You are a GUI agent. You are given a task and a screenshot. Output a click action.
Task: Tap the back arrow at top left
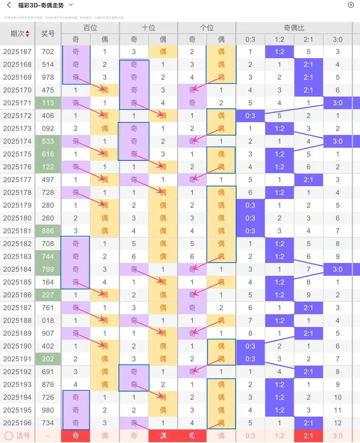(9, 5)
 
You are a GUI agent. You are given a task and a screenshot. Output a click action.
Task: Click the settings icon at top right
(351, 5)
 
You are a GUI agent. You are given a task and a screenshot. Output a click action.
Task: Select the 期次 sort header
(20, 34)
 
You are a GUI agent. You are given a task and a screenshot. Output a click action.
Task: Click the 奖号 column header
(48, 34)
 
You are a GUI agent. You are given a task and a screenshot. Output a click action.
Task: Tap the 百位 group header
(90, 28)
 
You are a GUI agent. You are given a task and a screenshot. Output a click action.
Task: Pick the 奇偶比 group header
(294, 28)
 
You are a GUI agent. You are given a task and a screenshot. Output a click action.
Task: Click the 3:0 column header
(337, 40)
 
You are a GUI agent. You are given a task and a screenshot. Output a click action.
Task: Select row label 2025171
(17, 103)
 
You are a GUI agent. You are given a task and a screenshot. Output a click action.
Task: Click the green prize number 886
(48, 231)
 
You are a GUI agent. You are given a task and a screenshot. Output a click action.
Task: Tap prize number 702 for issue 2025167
(48, 52)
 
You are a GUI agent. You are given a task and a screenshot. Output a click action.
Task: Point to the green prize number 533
(48, 141)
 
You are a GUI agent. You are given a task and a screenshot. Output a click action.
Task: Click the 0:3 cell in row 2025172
(250, 116)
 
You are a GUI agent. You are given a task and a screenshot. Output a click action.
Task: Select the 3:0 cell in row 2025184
(337, 269)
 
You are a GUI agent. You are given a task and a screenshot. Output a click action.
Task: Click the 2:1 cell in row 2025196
(308, 423)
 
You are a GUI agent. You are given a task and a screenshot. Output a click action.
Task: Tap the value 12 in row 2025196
(337, 423)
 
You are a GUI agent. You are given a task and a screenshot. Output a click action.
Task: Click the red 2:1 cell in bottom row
(308, 436)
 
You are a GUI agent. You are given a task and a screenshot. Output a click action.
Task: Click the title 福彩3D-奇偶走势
(41, 5)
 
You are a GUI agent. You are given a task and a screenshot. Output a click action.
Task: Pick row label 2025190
(17, 346)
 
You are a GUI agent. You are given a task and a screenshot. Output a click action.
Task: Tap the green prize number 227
(48, 295)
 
